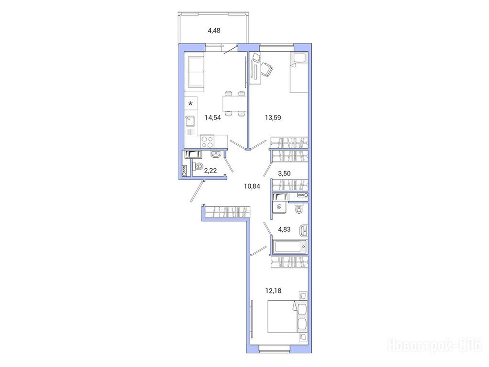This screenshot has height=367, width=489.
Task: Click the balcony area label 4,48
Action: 214,30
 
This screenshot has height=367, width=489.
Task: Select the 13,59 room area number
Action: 273,118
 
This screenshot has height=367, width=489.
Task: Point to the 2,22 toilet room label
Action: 210,171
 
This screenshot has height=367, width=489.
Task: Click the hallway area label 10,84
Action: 252,187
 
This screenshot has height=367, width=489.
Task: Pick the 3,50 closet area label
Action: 284,173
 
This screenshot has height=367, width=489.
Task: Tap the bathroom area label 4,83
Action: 284,229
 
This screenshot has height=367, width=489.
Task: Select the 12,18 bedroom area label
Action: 273,291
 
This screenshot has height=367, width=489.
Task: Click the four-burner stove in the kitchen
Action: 207,141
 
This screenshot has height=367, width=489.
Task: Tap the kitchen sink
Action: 191,121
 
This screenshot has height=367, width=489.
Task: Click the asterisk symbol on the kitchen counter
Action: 191,104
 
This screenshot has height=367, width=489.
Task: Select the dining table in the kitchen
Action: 234,104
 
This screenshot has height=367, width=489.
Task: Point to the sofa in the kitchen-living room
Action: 195,72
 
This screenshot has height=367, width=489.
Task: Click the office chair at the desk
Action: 266,69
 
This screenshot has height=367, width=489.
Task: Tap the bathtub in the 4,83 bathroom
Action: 290,247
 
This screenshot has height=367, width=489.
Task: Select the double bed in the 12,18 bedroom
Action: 287,316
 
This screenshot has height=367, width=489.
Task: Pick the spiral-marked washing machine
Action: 279,206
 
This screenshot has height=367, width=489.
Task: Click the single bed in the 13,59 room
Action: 299,72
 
